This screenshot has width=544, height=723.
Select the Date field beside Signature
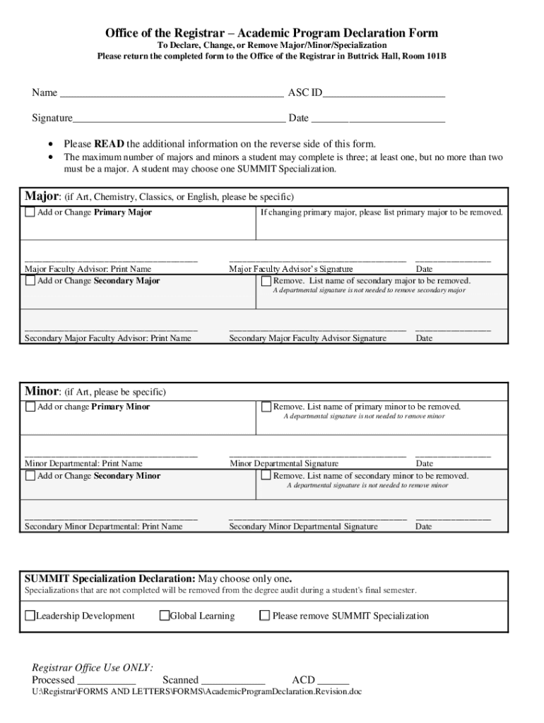[x=378, y=119]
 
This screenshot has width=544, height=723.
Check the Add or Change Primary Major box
[x=30, y=213]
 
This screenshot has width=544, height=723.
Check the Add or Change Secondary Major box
[x=30, y=281]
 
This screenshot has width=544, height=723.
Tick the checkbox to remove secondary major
[x=266, y=281]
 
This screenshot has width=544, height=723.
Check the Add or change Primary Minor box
[x=30, y=407]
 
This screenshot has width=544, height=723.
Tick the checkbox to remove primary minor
[x=266, y=407]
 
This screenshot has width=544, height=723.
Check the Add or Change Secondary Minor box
[x=30, y=476]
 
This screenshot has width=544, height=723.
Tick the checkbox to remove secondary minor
[x=266, y=476]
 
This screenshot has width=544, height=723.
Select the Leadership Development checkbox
[x=30, y=616]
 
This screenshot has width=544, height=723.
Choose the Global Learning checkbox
[x=165, y=616]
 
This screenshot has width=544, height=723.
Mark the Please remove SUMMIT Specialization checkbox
[x=265, y=616]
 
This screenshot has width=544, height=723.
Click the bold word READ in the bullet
[x=109, y=143]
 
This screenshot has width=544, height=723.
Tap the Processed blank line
[x=106, y=680]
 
